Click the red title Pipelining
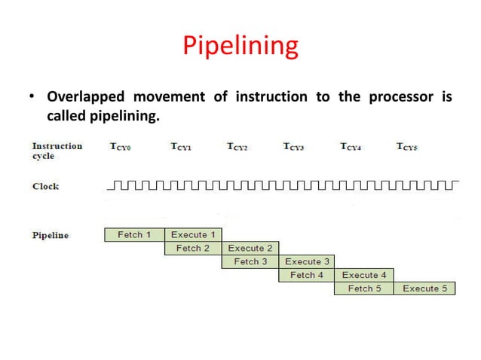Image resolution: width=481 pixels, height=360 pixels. [x=240, y=47]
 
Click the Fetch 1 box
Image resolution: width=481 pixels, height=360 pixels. [x=134, y=235]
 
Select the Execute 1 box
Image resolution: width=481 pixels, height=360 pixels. [x=193, y=235]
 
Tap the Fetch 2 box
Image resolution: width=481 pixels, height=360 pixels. [x=193, y=248]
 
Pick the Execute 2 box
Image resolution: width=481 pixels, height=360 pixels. [x=251, y=248]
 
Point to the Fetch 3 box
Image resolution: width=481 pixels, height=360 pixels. [x=250, y=261]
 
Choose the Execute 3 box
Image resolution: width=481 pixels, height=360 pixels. [x=307, y=261]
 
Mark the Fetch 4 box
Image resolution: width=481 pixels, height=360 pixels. [x=307, y=275]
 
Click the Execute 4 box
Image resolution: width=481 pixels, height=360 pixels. [x=364, y=275]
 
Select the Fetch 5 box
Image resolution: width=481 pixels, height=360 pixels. [x=364, y=288]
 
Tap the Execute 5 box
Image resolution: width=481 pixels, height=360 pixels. [x=424, y=288]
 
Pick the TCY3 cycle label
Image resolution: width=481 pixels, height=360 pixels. [x=294, y=148]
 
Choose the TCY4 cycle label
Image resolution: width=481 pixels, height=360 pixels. [x=351, y=148]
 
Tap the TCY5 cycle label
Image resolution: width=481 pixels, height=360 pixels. [x=408, y=148]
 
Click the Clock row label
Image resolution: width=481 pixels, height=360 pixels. [x=45, y=186]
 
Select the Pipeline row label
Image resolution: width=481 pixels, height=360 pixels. [x=50, y=235]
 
